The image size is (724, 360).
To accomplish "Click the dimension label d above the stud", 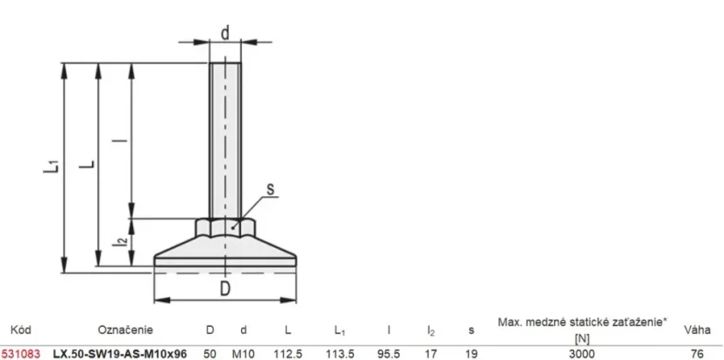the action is pyautogui.click(x=225, y=33).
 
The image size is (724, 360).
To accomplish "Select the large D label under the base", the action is pyautogui.click(x=225, y=288).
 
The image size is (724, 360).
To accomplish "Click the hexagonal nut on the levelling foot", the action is pyautogui.click(x=225, y=227).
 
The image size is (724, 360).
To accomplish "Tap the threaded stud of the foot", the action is pyautogui.click(x=225, y=140).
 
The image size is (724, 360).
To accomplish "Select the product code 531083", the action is pyautogui.click(x=20, y=354).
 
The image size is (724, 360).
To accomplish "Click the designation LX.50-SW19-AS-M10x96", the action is pyautogui.click(x=120, y=354).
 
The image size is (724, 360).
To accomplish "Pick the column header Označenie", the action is pyautogui.click(x=125, y=329).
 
